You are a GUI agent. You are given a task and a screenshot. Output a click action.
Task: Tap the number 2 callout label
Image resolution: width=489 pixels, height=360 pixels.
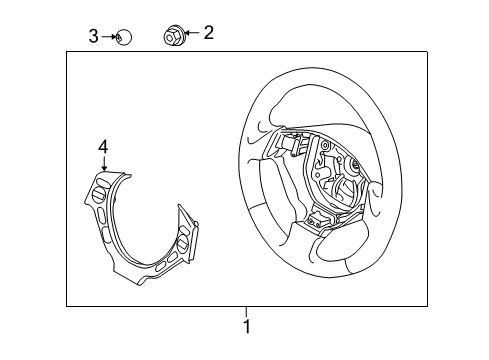coord(208,33)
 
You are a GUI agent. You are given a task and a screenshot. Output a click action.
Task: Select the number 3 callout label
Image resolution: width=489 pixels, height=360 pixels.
coord(93,37)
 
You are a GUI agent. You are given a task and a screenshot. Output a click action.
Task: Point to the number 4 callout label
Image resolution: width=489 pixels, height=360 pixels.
coord(102,147)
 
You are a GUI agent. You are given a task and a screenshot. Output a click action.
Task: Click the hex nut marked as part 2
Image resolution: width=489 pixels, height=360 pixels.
coord(172,36)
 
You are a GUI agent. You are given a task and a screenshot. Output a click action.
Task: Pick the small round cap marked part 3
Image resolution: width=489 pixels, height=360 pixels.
coord(123,38)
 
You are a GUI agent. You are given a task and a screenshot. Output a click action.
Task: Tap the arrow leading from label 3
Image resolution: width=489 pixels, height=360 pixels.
coord(108,38)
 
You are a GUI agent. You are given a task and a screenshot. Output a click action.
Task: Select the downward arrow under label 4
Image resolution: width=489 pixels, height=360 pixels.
coord(102,164)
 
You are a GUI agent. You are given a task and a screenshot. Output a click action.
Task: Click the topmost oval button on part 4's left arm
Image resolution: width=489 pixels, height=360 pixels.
coord(100,186)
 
